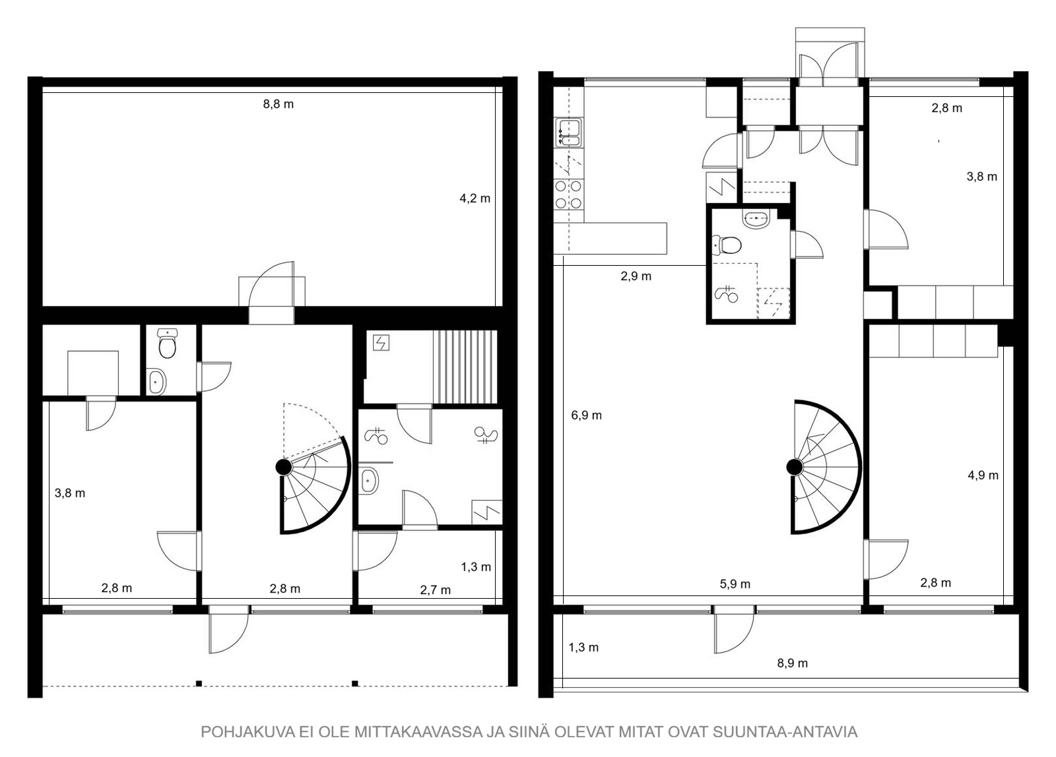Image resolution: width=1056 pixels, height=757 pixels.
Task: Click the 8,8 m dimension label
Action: click(x=278, y=104)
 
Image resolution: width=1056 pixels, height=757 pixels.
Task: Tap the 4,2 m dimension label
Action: click(x=475, y=198)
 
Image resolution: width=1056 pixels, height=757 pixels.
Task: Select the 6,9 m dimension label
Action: click(x=587, y=415)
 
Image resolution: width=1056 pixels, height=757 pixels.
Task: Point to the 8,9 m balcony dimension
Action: click(x=793, y=663)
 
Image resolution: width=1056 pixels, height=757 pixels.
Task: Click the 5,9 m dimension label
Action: click(x=735, y=584)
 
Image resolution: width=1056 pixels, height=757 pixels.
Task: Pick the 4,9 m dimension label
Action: click(x=983, y=475)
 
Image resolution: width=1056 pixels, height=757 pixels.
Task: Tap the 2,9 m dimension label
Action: click(x=636, y=276)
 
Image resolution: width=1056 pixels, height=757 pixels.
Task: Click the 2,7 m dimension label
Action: click(x=435, y=590)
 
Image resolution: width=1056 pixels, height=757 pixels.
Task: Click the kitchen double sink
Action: click(x=570, y=133)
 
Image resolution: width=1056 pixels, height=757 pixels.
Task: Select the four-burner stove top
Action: click(x=568, y=195)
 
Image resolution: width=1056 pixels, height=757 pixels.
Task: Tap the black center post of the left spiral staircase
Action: click(x=284, y=467)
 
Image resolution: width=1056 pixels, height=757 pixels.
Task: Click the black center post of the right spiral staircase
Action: click(x=795, y=467)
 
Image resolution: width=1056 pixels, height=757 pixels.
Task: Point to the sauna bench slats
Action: click(x=465, y=367)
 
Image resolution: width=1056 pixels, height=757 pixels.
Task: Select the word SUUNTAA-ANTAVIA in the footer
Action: click(x=785, y=732)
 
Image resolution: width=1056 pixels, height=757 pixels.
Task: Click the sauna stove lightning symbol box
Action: click(x=381, y=343)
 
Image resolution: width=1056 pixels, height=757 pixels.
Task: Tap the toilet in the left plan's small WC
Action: click(x=168, y=344)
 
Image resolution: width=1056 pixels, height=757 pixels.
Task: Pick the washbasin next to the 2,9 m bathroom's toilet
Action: click(x=756, y=219)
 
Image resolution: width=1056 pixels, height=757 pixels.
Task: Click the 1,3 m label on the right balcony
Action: click(x=583, y=648)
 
